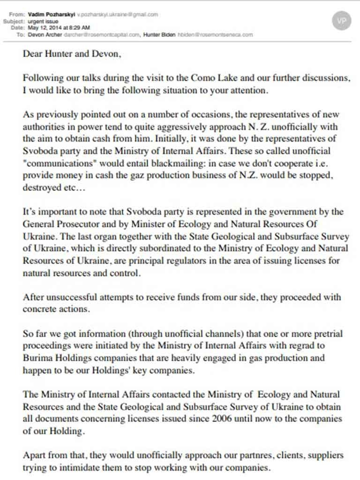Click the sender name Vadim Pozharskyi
coord(47,15)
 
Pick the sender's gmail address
coord(114,15)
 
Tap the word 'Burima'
coord(37,358)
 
